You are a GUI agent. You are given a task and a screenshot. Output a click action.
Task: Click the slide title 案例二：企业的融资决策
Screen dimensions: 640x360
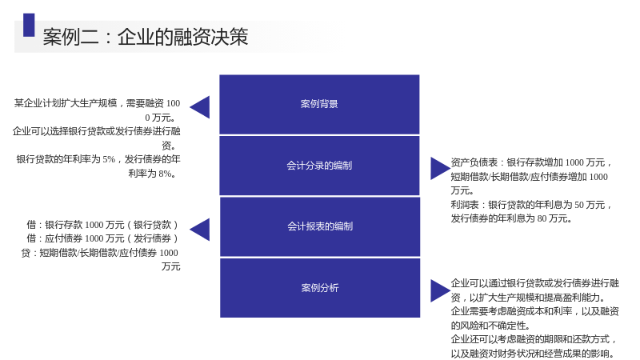146,37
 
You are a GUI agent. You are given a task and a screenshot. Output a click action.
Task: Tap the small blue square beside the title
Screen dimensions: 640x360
29,25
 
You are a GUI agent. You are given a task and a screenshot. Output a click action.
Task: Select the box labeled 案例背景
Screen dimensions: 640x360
319,104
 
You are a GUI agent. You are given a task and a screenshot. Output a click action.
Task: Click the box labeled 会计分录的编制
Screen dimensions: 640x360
319,166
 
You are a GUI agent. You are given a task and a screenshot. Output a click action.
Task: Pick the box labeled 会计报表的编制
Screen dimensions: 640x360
320,226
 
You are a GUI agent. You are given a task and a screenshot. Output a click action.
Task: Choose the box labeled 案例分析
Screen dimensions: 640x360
320,288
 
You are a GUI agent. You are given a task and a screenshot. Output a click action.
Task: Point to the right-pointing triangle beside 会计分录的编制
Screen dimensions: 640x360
441,169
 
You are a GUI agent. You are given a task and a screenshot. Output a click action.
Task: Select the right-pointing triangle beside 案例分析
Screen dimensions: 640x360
441,290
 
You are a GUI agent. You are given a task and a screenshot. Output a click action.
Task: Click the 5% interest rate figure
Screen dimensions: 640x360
109,159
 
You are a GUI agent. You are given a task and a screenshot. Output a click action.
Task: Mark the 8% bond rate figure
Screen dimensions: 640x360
165,174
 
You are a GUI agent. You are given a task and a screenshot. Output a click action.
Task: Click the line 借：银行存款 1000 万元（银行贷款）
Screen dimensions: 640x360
102,225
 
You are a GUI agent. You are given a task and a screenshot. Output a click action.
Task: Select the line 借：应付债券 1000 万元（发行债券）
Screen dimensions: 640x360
102,238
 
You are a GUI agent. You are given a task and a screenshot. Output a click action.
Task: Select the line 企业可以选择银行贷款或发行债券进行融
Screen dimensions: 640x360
96,131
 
